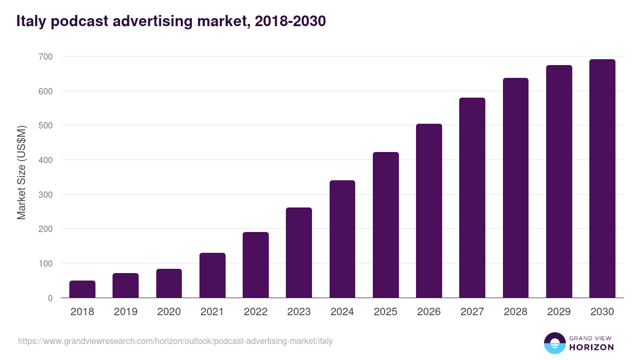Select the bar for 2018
[82, 289]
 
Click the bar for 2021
[212, 275]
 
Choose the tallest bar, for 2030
[602, 179]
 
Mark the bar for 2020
[169, 283]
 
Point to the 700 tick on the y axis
[45, 57]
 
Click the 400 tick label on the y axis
[45, 160]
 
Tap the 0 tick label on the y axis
[50, 298]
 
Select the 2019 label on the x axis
[125, 312]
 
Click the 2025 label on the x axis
[386, 312]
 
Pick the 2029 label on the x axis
[559, 312]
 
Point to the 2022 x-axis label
[255, 312]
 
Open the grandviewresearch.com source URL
[175, 341]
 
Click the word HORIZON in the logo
[592, 347]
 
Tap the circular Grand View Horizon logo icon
[554, 343]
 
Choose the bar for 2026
[429, 211]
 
